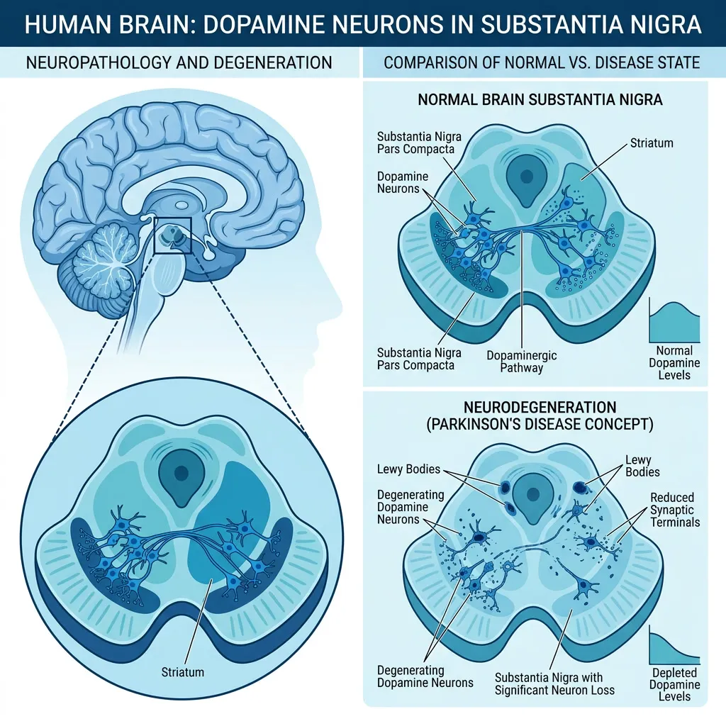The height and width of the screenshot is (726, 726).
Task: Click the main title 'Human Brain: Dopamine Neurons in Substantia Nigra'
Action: coord(363,24)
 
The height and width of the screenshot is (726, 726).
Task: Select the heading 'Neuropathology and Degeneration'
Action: coord(179,62)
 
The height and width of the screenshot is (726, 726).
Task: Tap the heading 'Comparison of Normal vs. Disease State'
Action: coord(542,62)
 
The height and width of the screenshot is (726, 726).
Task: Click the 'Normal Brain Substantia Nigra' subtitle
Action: coord(540,99)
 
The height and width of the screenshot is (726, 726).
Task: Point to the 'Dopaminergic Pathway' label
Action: coord(521,362)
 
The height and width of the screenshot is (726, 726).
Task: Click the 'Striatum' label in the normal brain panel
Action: coord(652,143)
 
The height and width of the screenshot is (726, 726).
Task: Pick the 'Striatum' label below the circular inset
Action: coord(182,672)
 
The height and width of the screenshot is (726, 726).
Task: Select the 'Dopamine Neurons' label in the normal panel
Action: coord(403,182)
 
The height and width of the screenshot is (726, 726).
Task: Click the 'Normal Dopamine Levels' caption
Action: coord(674,363)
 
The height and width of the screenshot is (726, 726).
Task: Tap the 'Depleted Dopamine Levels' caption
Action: coord(674,685)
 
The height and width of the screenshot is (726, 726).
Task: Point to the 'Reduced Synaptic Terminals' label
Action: coord(675,510)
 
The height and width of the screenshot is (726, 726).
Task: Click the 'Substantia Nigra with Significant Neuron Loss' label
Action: coord(554,684)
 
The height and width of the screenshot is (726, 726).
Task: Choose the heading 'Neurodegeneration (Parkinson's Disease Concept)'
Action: coord(540,415)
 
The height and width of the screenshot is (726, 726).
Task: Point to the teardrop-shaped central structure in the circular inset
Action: coord(181,478)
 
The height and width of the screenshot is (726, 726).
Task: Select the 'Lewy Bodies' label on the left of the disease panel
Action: coord(408,469)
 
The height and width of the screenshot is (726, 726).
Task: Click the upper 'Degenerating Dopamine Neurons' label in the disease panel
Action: coord(411,507)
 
